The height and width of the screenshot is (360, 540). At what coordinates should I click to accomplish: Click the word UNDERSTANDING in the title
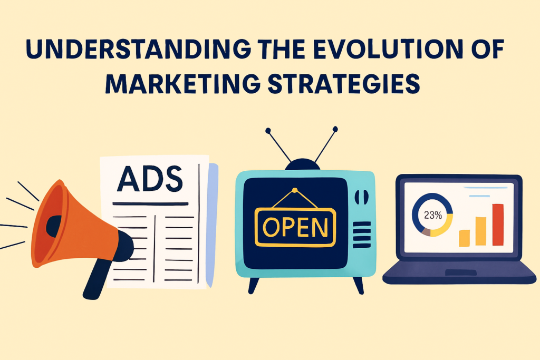pyautogui.click(x=138, y=49)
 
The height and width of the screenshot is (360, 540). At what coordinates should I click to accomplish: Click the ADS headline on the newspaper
pyautogui.click(x=150, y=179)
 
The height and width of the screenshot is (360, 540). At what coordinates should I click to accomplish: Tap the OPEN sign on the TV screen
pyautogui.click(x=295, y=227)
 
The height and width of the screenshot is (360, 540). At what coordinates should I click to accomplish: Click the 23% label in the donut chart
pyautogui.click(x=433, y=215)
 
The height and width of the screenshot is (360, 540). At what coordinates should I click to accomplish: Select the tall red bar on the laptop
pyautogui.click(x=498, y=225)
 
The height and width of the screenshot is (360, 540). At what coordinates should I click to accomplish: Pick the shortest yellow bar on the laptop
pyautogui.click(x=464, y=238)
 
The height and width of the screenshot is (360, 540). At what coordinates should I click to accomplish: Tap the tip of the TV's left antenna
pyautogui.click(x=268, y=130)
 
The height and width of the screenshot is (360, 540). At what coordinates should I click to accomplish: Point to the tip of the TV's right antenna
pyautogui.click(x=335, y=129)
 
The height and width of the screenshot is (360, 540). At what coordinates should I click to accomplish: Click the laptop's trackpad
pyautogui.click(x=461, y=273)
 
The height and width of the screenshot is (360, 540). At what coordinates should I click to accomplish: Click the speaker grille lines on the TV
pyautogui.click(x=362, y=235)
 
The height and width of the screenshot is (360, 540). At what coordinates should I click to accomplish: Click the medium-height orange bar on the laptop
pyautogui.click(x=481, y=231)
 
